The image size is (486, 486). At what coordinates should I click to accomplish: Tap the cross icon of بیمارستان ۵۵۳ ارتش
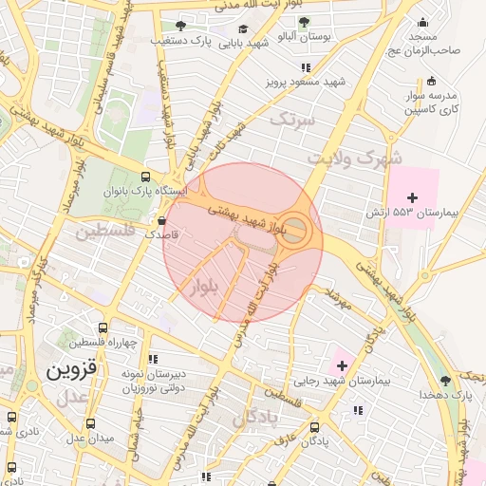[412, 196]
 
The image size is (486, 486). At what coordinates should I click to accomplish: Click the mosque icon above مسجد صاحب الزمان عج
[422, 22]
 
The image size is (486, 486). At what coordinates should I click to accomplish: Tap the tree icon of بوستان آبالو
[304, 22]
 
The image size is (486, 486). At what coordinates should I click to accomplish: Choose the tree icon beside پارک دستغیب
[180, 25]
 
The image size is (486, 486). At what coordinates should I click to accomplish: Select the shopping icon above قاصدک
[162, 220]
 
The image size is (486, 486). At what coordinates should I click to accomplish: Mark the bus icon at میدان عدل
[90, 423]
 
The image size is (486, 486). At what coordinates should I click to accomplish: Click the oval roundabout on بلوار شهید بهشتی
[295, 229]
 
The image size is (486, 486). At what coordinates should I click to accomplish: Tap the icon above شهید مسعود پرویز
[306, 67]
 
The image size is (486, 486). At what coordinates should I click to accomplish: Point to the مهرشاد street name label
[339, 299]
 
